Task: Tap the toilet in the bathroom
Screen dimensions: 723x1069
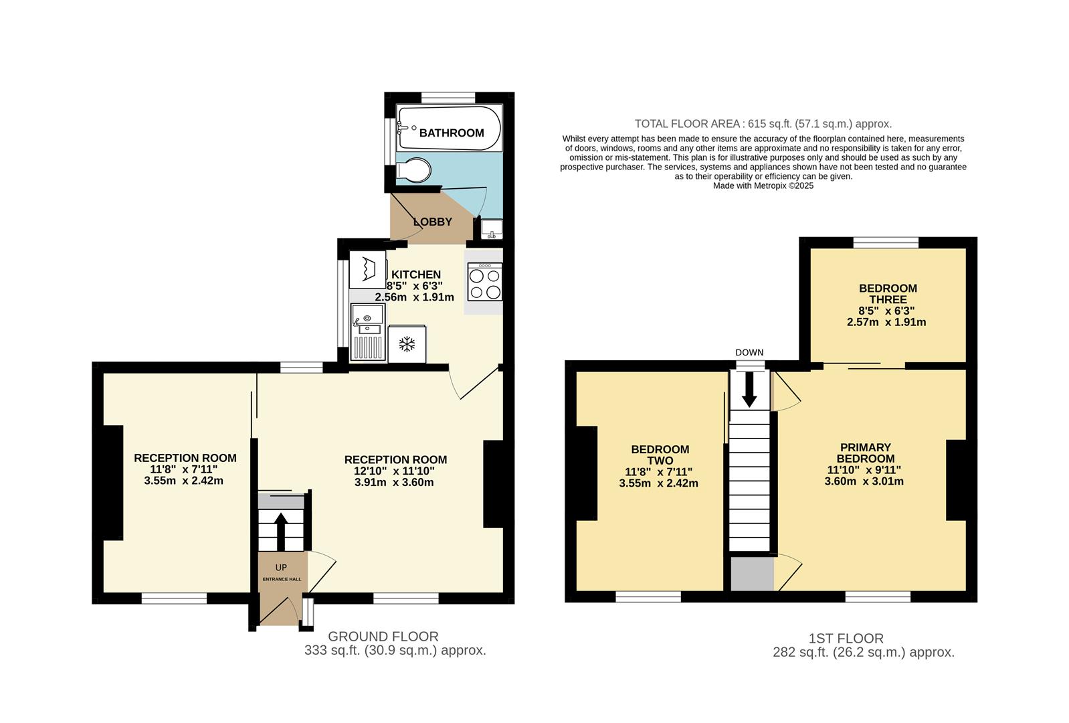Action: click(413, 170)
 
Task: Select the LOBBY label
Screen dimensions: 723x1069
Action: click(432, 222)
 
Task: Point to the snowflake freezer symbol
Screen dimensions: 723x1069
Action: click(407, 344)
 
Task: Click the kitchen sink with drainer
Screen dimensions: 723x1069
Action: click(367, 332)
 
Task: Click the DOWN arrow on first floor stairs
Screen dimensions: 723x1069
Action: click(749, 390)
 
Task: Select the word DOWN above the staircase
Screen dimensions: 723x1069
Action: click(749, 353)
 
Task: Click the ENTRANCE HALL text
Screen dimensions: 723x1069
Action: click(282, 579)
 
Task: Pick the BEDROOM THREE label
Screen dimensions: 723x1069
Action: click(888, 294)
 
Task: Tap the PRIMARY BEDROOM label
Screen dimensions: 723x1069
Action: click(865, 453)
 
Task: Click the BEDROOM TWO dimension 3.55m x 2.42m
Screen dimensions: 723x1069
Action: click(658, 483)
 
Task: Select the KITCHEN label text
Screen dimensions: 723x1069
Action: click(415, 274)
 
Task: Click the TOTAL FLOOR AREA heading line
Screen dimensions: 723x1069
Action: click(763, 124)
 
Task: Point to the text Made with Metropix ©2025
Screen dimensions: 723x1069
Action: click(763, 186)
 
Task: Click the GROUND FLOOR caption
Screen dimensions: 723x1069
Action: click(383, 637)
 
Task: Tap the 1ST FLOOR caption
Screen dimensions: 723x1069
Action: click(846, 639)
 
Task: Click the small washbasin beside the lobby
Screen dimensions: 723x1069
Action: click(492, 229)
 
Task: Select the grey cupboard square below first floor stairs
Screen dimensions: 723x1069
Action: click(752, 574)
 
